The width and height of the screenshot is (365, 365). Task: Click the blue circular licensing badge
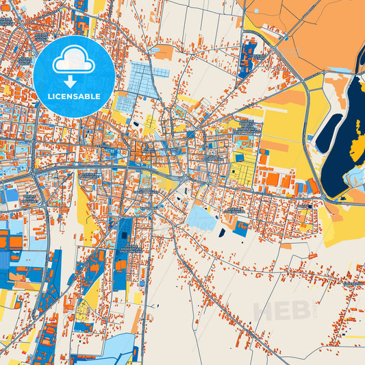tap(73, 75)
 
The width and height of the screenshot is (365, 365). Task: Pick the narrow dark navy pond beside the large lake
tap(329, 131)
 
